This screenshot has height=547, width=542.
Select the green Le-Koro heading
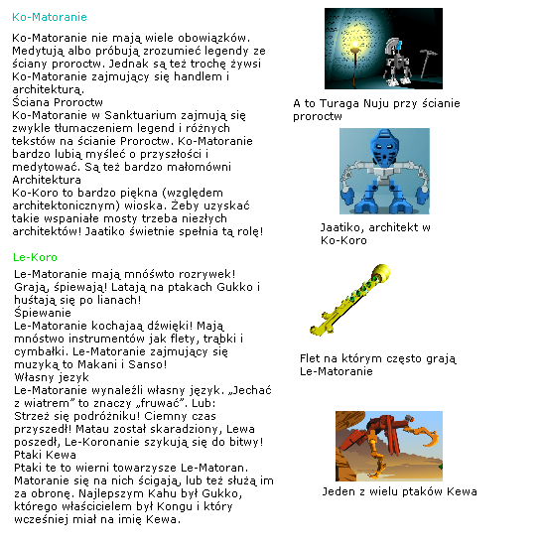pos(37,257)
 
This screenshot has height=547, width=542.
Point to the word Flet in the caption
pos(310,358)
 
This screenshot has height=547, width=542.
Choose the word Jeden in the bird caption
pos(339,491)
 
